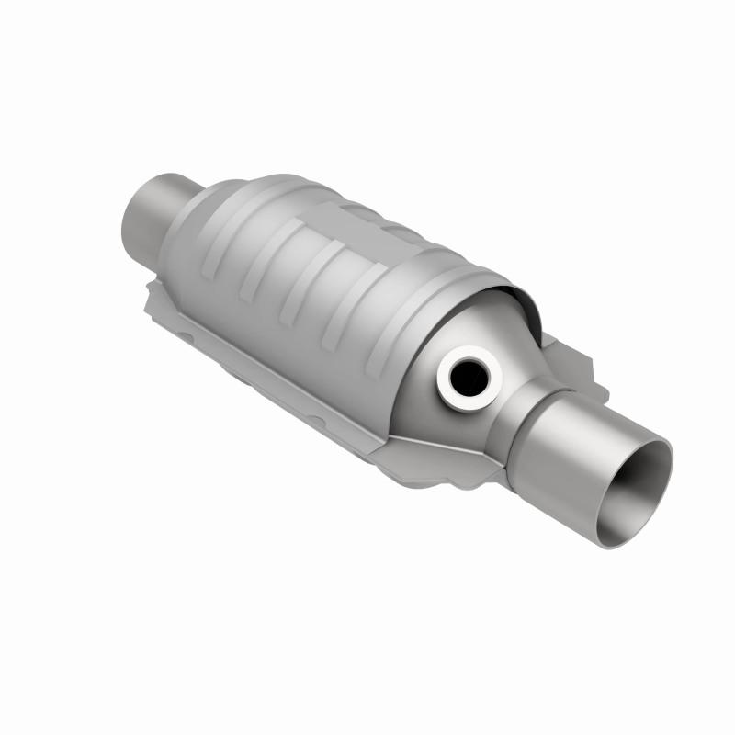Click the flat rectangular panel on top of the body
(367, 220)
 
